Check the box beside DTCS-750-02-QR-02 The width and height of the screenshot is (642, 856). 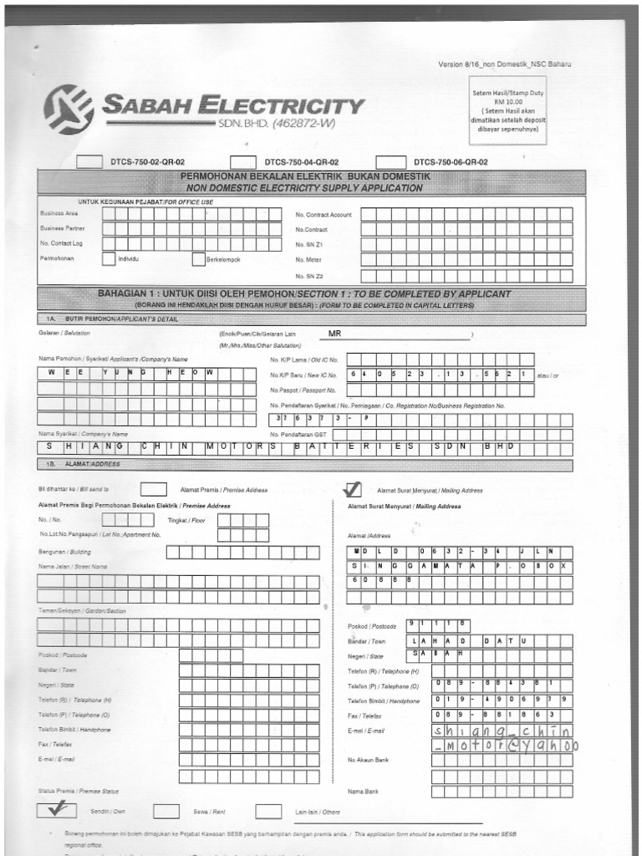(x=89, y=161)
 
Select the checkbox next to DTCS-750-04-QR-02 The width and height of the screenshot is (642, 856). (x=243, y=161)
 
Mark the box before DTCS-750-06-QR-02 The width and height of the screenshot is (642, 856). (x=389, y=161)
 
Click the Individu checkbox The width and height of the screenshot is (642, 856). (x=109, y=259)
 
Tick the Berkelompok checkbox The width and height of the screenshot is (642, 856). (x=199, y=259)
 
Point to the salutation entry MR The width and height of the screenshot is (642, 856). (x=336, y=334)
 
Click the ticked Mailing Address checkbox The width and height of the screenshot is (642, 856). (x=353, y=489)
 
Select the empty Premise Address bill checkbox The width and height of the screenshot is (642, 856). (x=153, y=489)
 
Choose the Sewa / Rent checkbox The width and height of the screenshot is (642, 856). (x=166, y=810)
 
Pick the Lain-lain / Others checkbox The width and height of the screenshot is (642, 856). (x=267, y=810)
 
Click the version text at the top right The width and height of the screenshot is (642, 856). (x=505, y=65)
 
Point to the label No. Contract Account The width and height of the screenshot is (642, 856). (x=323, y=215)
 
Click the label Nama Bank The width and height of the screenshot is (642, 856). (x=363, y=791)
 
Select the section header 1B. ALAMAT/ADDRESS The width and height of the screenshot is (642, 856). (x=81, y=465)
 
